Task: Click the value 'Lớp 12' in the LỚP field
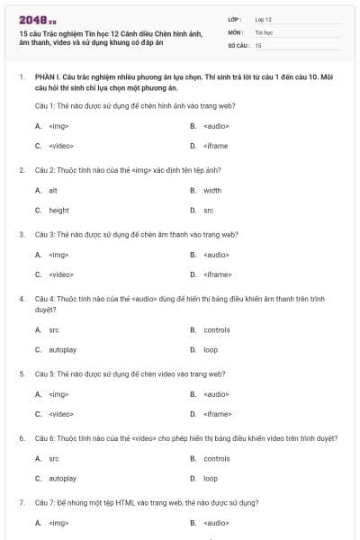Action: pos(263,18)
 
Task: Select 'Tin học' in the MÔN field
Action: pos(263,31)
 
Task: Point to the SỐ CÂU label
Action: pos(237,44)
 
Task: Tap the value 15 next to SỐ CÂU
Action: pos(258,44)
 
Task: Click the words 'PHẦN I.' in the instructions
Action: pos(48,78)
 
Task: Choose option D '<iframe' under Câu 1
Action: pos(216,145)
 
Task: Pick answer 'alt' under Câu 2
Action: pos(53,191)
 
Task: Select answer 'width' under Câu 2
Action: pos(212,191)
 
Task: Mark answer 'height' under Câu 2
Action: pos(58,210)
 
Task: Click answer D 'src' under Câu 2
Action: pos(209,210)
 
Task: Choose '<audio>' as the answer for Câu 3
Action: pos(216,255)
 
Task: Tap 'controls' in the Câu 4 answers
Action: pos(217,330)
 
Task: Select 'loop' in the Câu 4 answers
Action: pos(211,349)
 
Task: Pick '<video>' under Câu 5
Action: pos(61,414)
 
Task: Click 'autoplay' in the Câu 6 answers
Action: pos(62,478)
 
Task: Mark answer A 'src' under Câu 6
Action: pos(54,459)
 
